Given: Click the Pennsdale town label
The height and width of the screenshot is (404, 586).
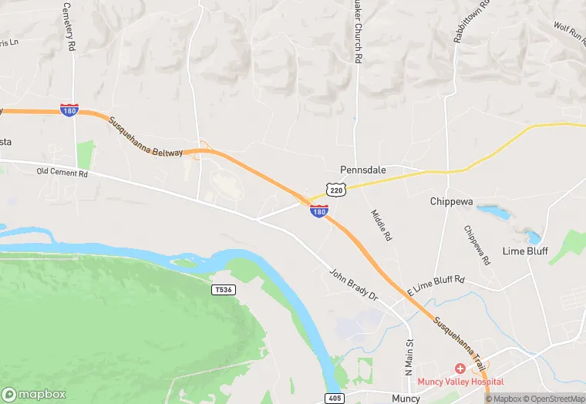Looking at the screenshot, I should pyautogui.click(x=363, y=169).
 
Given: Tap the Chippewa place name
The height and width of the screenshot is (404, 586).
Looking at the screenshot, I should pyautogui.click(x=456, y=201).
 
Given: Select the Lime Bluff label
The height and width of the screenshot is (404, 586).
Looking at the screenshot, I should pyautogui.click(x=524, y=251).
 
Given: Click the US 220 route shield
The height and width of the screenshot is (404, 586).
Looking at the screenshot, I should pyautogui.click(x=335, y=190).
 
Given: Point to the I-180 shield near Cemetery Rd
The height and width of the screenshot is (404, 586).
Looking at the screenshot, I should pyautogui.click(x=69, y=111).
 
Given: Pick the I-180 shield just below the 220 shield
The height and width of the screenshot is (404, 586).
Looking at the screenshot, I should pyautogui.click(x=319, y=210).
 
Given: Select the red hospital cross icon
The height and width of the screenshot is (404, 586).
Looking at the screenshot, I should pyautogui.click(x=460, y=369).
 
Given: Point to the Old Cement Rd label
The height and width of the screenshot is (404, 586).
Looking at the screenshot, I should pyautogui.click(x=62, y=173).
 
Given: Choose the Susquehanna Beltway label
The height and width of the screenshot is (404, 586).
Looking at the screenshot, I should pyautogui.click(x=146, y=136).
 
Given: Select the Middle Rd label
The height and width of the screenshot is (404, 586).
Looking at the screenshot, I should pyautogui.click(x=381, y=225).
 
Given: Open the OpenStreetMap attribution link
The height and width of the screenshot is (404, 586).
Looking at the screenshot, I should pyautogui.click(x=553, y=399).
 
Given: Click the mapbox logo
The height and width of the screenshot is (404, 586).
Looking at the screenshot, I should pyautogui.click(x=35, y=393).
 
